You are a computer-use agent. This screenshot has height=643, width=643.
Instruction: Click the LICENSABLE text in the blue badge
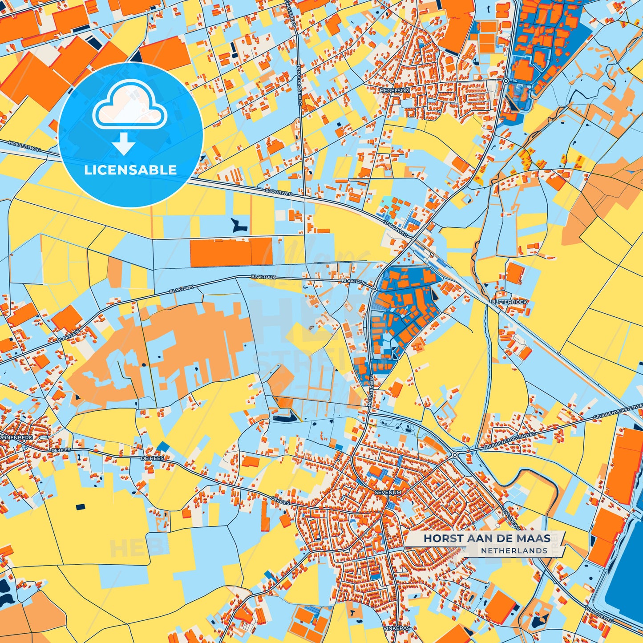point(130,170)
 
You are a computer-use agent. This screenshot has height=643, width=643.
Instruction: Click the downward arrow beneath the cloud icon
point(124,143)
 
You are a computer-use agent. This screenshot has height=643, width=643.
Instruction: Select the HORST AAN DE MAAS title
point(487,538)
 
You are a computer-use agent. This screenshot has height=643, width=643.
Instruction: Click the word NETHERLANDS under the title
point(514,551)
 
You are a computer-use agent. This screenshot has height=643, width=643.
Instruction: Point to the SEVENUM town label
point(388,493)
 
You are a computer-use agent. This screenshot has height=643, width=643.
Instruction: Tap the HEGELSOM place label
point(394,90)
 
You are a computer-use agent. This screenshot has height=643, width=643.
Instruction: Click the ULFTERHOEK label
point(509,302)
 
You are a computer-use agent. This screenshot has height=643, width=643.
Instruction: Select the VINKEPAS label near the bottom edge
point(396,628)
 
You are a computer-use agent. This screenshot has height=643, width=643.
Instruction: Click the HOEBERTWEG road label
point(24,146)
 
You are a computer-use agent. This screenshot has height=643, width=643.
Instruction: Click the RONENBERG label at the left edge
point(17,437)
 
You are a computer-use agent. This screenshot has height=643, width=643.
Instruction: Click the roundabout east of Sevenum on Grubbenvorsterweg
point(455,455)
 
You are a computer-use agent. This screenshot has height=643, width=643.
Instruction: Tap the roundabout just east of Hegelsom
point(506,81)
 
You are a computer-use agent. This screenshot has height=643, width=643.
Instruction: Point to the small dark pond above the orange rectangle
point(239,225)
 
